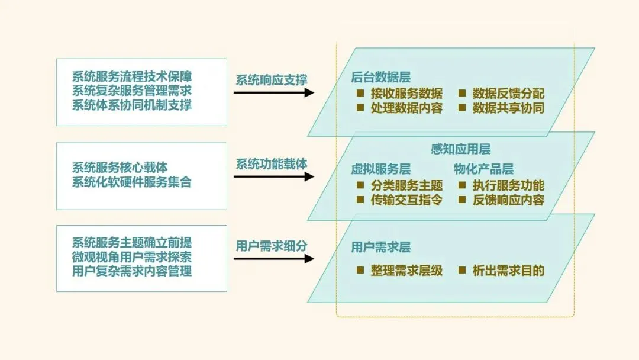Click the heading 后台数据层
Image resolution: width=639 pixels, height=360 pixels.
tap(380, 77)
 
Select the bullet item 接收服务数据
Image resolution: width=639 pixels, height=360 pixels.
tap(406, 94)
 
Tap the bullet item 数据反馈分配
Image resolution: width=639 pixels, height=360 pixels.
tap(508, 94)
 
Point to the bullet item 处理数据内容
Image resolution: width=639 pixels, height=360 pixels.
tap(406, 108)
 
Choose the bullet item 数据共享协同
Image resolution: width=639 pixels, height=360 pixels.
tap(508, 108)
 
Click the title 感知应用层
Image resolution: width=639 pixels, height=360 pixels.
tap(460, 150)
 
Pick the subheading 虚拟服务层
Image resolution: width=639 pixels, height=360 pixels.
tap(380, 169)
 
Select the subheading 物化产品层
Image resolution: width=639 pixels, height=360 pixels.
tap(483, 169)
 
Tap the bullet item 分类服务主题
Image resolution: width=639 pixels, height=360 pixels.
tap(406, 185)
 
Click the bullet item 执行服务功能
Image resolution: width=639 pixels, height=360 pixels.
tap(508, 185)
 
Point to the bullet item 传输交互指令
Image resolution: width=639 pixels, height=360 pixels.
tap(406, 200)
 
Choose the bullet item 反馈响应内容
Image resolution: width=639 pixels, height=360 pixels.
tap(508, 200)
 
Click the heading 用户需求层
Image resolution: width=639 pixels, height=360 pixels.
tap(380, 247)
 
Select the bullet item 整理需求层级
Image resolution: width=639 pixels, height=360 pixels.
tap(406, 271)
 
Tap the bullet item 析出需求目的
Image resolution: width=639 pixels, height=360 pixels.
tap(508, 271)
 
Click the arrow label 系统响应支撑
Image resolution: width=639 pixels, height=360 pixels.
tap(272, 80)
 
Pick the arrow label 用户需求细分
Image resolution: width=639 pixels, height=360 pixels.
tap(272, 246)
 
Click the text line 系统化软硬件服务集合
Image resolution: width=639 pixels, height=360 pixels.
tap(132, 182)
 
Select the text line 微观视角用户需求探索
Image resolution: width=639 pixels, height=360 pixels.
tap(132, 258)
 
